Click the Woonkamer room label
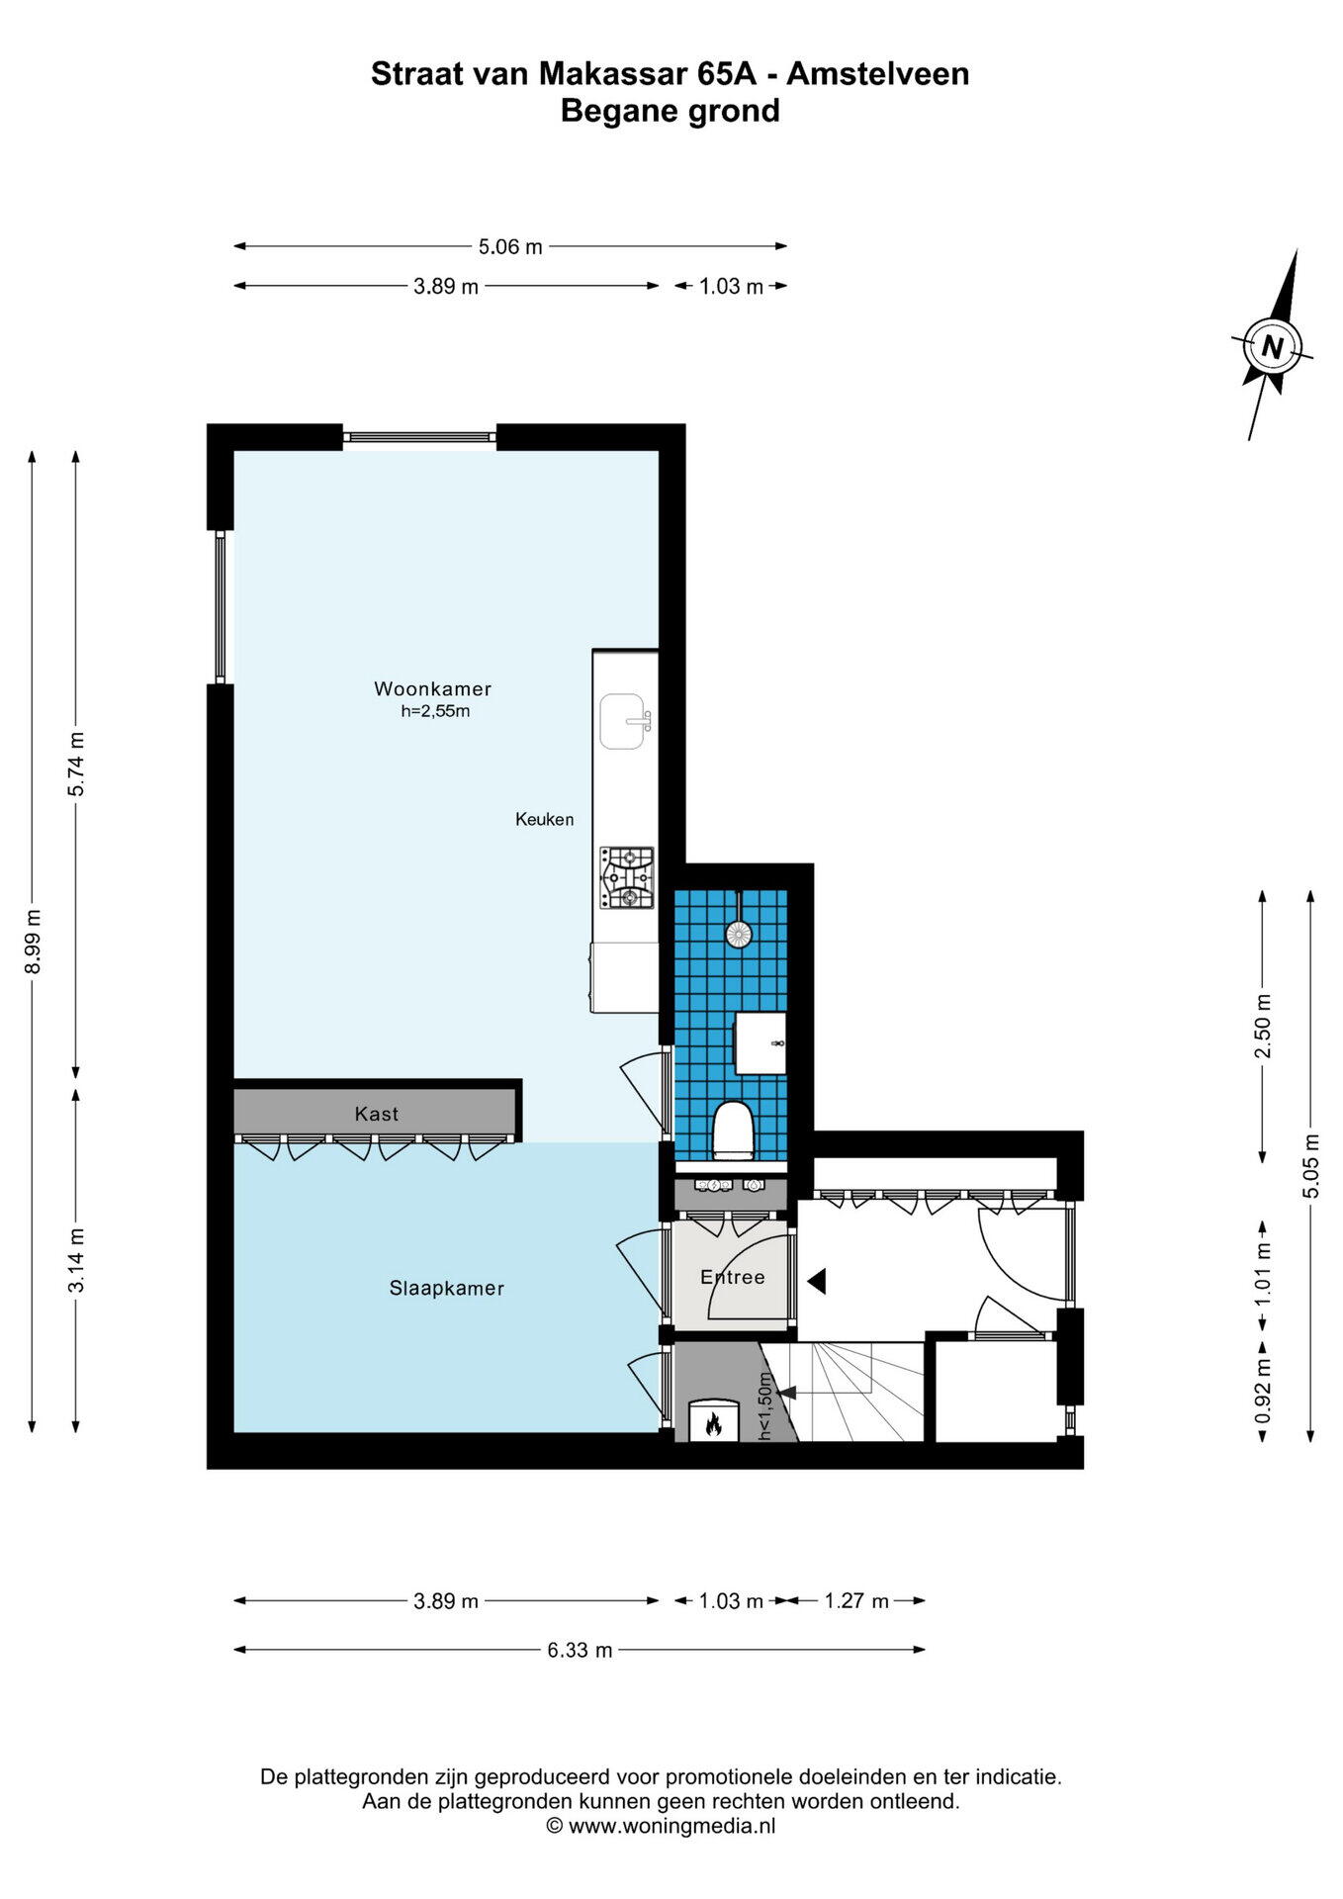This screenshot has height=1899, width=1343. [432, 689]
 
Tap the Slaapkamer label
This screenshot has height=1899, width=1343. [446, 1289]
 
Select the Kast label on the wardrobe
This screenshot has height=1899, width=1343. [376, 1115]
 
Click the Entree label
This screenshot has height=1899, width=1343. [733, 1278]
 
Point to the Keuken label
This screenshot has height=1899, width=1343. [544, 820]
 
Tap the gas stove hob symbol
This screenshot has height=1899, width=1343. [627, 878]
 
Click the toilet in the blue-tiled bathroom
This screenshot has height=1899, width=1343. [734, 1130]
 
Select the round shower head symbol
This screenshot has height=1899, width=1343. [738, 934]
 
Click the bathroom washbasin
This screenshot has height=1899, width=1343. [761, 1042]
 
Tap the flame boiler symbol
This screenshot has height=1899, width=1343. [712, 1422]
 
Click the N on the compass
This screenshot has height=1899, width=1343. [1273, 347]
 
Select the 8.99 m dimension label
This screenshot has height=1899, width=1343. [33, 942]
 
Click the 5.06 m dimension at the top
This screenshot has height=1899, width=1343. [510, 247]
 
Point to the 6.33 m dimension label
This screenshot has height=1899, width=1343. [580, 1650]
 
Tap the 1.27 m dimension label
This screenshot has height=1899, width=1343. [856, 1601]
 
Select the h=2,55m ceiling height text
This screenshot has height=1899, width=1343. [434, 711]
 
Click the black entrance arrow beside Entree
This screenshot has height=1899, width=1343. [816, 1282]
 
